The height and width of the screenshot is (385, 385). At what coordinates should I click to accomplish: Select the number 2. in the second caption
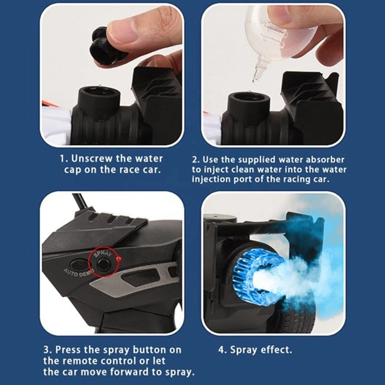pos(197,158)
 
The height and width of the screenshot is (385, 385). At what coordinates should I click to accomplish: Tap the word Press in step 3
pos(71,350)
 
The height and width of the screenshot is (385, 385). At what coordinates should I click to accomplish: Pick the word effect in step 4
pos(277,350)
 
